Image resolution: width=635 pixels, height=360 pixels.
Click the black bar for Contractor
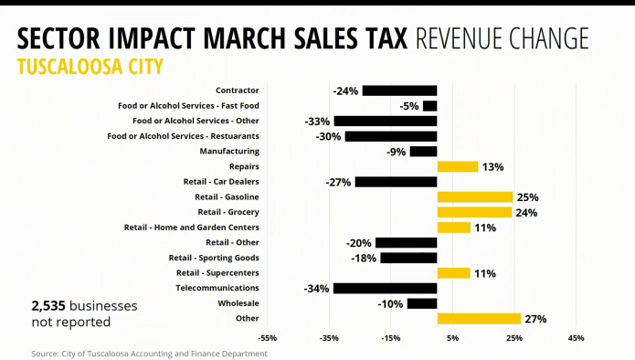tap(399, 90)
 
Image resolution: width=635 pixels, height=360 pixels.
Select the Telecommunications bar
tap(385, 289)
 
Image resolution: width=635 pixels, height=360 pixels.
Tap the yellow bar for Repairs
tap(457, 167)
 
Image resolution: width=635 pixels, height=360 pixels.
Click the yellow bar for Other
tap(479, 319)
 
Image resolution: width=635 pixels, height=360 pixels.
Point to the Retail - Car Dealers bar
tap(396, 182)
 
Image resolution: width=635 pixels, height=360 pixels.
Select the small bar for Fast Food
tap(429, 106)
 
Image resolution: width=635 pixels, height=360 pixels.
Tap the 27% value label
tap(535, 319)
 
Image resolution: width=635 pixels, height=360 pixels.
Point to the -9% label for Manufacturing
tap(396, 152)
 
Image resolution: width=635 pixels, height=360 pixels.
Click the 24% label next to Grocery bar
tap(526, 213)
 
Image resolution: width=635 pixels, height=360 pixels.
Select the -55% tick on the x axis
tap(268, 338)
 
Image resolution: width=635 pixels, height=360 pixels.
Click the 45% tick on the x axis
tap(576, 338)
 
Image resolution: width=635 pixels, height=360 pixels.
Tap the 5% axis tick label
tap(453, 338)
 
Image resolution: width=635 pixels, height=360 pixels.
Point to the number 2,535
tap(49, 306)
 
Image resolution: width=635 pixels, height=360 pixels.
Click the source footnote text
tap(149, 353)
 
